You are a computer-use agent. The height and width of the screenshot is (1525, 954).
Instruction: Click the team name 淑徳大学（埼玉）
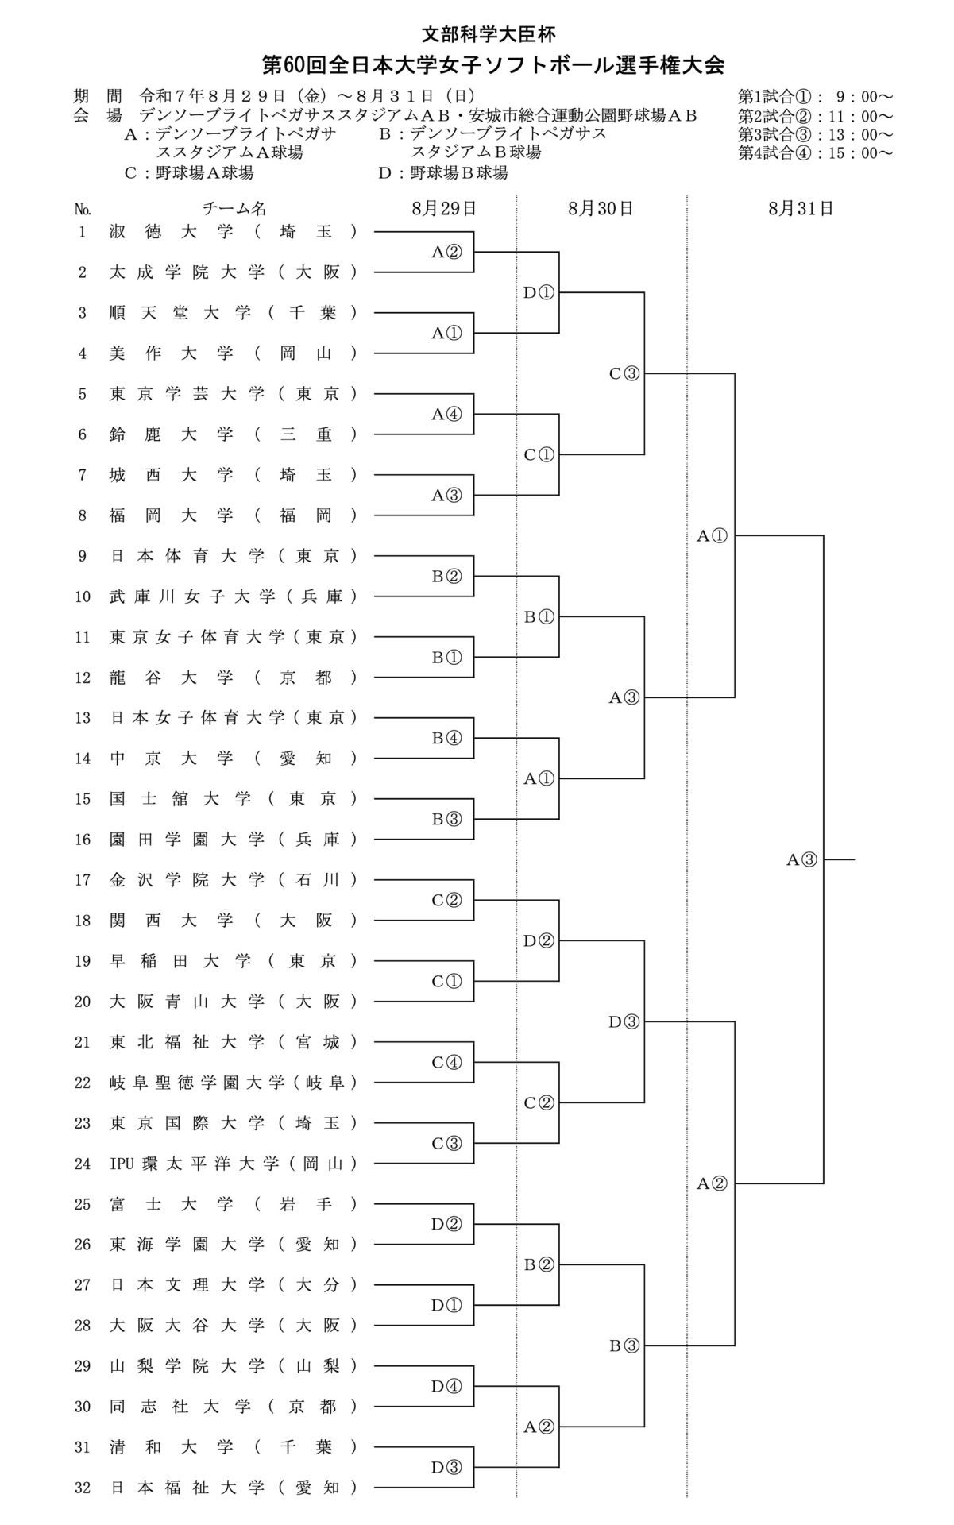click(x=233, y=232)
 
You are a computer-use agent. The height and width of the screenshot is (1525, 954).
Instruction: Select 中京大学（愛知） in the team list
click(x=233, y=759)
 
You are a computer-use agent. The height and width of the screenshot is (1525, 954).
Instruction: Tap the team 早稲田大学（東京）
click(x=233, y=961)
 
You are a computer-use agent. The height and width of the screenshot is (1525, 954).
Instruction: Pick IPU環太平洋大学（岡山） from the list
click(x=233, y=1164)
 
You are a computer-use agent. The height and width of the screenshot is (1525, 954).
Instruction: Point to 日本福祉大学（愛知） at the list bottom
click(x=233, y=1488)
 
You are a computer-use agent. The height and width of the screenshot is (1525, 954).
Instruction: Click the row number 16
click(x=83, y=840)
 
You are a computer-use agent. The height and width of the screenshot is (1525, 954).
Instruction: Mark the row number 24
click(x=83, y=1164)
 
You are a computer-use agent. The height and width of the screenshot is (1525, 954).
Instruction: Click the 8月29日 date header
click(x=444, y=209)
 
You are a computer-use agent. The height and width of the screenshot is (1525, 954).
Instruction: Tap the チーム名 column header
click(x=234, y=209)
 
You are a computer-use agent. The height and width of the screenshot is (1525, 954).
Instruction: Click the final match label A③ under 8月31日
click(x=801, y=859)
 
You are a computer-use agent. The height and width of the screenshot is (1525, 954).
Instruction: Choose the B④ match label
click(x=446, y=738)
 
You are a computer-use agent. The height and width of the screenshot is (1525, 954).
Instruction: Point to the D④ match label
click(x=446, y=1386)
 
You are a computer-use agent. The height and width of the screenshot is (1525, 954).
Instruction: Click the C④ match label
click(x=446, y=1062)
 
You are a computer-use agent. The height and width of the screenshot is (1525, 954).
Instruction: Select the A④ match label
click(x=446, y=414)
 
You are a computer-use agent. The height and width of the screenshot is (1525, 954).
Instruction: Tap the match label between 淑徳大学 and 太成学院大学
click(x=446, y=252)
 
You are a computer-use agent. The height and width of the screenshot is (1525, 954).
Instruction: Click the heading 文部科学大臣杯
click(x=488, y=33)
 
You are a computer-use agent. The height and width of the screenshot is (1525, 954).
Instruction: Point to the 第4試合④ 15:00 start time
click(x=815, y=152)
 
